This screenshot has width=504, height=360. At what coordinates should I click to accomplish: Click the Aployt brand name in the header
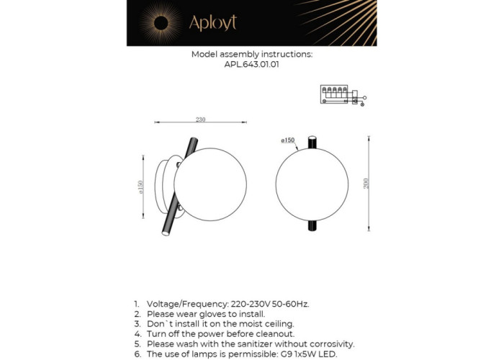(212, 23)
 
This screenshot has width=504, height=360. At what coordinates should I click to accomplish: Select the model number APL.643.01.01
(251, 64)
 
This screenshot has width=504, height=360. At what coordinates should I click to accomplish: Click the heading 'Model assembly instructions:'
(251, 54)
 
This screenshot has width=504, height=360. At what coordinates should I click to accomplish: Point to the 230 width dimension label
(201, 120)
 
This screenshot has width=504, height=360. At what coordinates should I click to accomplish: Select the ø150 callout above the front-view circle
(287, 140)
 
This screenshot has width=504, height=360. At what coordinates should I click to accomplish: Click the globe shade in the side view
(205, 184)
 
